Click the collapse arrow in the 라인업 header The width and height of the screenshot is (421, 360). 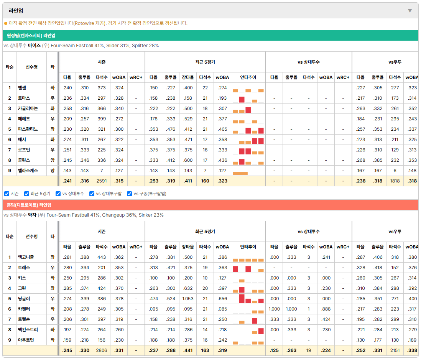[x=410, y=11]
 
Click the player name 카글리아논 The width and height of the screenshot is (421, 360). [x=28, y=108]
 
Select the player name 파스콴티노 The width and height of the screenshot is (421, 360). [x=28, y=129]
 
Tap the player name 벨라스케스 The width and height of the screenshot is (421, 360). [x=28, y=171]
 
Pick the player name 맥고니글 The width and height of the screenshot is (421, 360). [x=26, y=257]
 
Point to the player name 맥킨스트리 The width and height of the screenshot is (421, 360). [x=28, y=330]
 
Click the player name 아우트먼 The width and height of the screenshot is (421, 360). [x=26, y=340]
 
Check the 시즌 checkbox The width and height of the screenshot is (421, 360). [x=7, y=194]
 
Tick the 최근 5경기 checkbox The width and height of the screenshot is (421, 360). [x=26, y=194]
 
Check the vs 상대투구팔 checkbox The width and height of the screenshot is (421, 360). [x=92, y=194]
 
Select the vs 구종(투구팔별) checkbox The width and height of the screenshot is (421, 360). [x=130, y=194]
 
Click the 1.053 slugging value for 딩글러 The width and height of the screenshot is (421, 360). [x=188, y=299]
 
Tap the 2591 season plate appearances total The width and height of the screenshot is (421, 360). [x=102, y=181]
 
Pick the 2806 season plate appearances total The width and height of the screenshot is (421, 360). [x=102, y=350]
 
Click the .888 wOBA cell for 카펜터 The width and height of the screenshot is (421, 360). [x=326, y=309]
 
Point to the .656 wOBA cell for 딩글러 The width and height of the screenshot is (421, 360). [x=222, y=299]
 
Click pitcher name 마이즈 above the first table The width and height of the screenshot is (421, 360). [x=35, y=46]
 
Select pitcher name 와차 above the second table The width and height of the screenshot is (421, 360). [x=32, y=215]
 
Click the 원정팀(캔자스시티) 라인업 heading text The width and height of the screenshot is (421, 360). [x=31, y=36]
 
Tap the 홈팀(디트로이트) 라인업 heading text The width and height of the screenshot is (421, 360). [x=29, y=205]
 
